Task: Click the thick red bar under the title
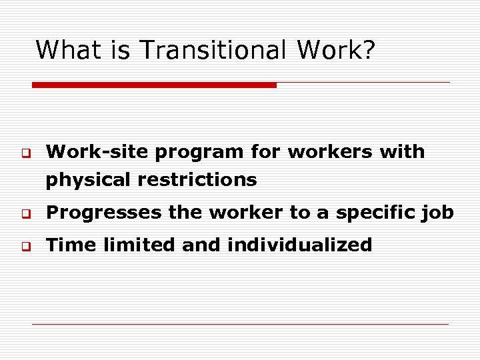(x=154, y=85)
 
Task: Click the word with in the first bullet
(x=402, y=152)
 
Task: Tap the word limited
(x=137, y=245)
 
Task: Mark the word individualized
(x=299, y=245)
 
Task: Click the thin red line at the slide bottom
(x=240, y=325)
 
